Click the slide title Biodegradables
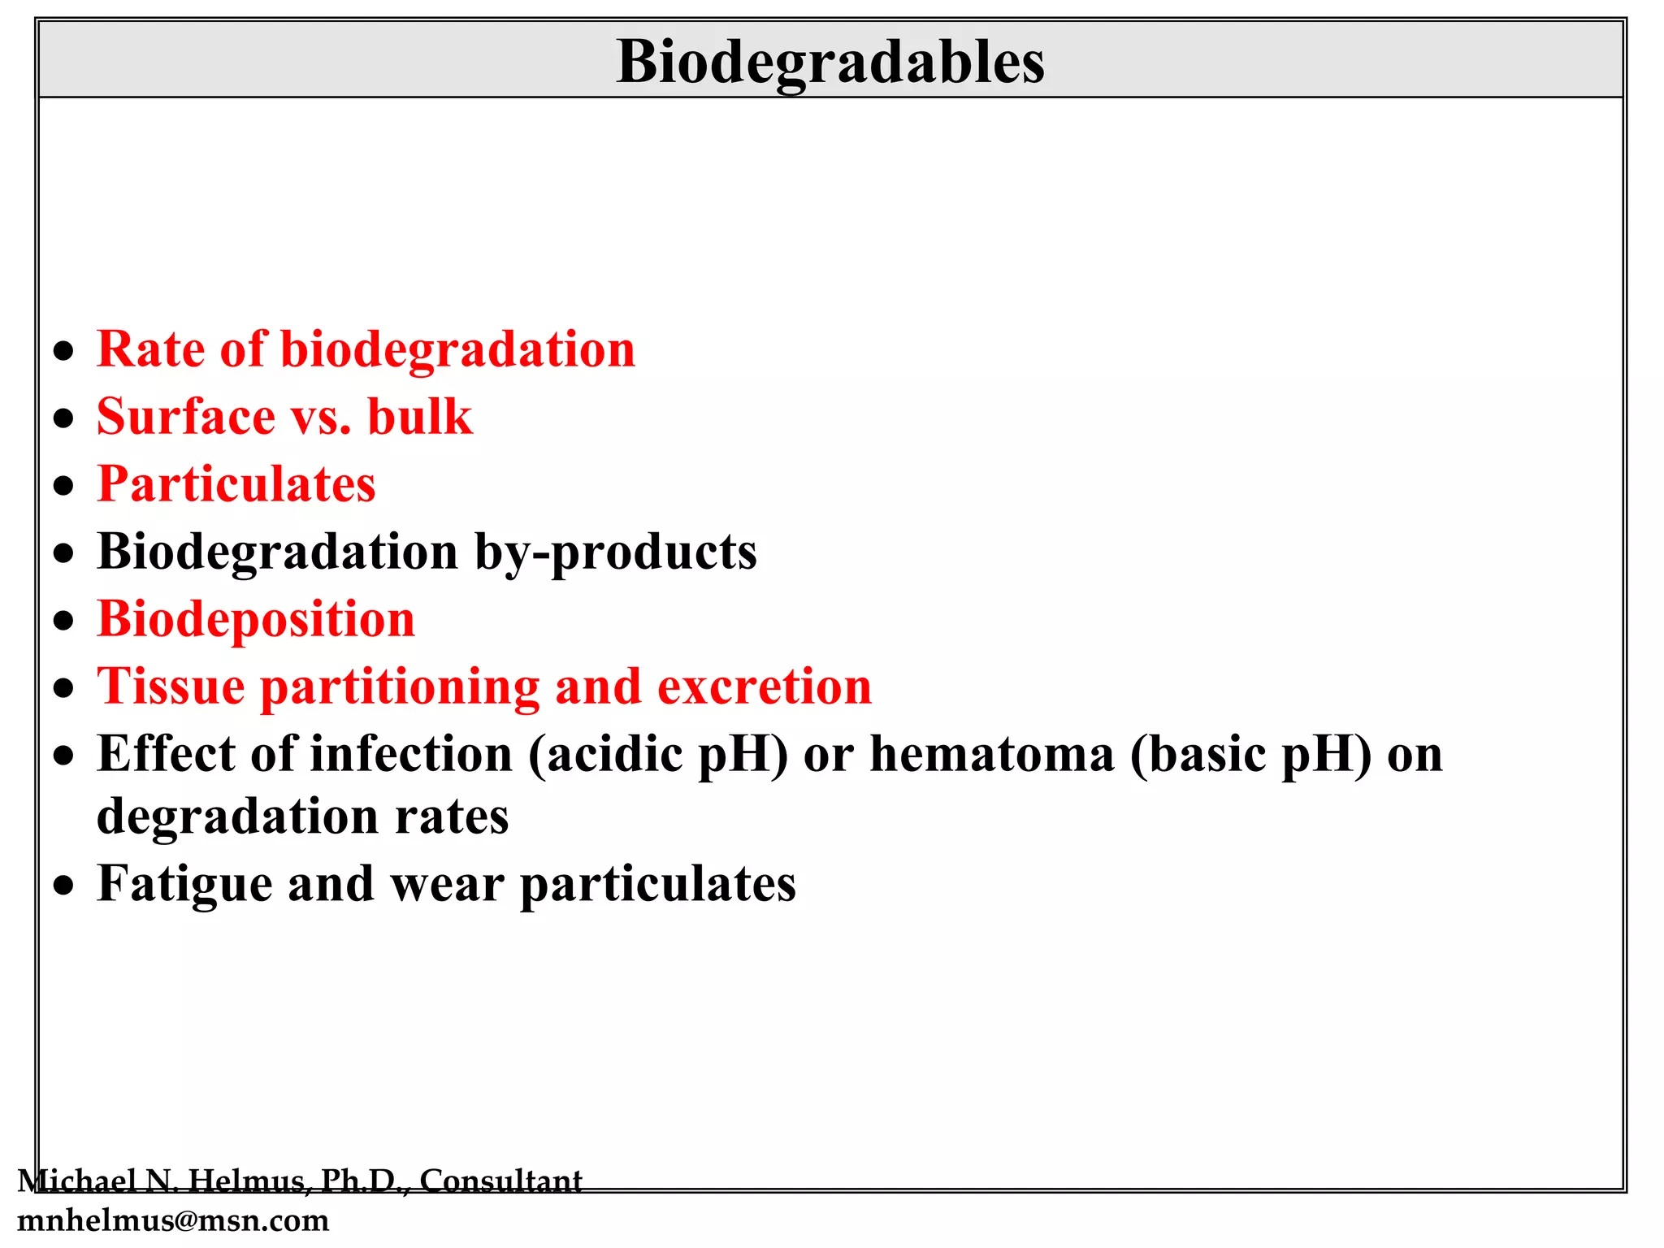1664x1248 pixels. (830, 62)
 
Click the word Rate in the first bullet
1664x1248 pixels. (150, 349)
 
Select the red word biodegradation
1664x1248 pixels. (457, 351)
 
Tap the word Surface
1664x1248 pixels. (186, 417)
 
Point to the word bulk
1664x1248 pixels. (419, 417)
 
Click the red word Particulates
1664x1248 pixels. (236, 484)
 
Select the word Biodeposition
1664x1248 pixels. (256, 619)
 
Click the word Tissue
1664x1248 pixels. (171, 687)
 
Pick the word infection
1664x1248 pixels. (412, 754)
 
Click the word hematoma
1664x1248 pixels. (992, 754)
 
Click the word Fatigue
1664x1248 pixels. (184, 884)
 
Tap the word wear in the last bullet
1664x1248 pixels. (447, 884)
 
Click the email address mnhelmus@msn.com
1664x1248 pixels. (173, 1220)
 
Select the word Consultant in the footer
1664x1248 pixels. (500, 1181)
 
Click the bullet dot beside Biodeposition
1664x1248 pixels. (63, 622)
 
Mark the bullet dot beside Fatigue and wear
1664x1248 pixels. (63, 886)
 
